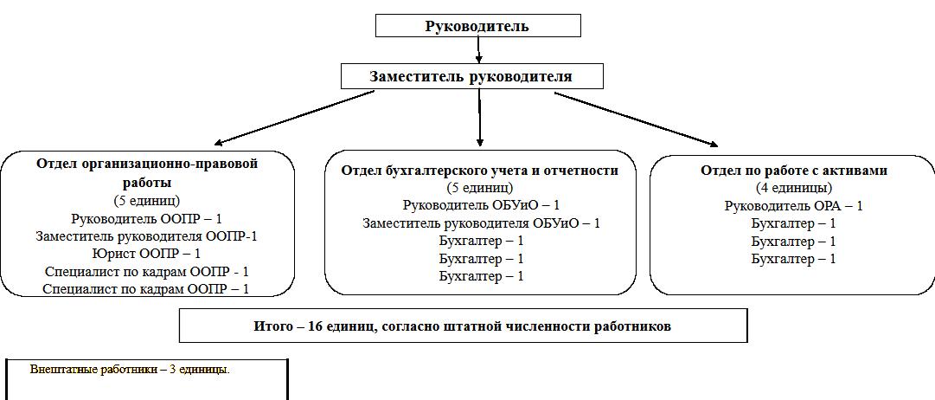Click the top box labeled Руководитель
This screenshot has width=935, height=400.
477,26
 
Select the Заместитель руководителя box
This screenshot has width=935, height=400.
471,76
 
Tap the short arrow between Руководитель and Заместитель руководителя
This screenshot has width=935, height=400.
478,51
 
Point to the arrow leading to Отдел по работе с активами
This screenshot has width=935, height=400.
636,119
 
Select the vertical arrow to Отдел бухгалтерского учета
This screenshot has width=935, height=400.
479,117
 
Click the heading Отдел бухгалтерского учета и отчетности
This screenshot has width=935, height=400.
480,170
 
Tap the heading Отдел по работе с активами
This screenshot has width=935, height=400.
794,170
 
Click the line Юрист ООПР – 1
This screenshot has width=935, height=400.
146,253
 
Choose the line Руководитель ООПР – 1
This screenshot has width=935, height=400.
146,218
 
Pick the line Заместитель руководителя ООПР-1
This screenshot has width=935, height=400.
147,235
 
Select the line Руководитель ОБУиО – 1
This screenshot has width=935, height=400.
481,205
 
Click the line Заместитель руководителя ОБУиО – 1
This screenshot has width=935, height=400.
481,223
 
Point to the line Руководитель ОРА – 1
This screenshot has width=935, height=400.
793,205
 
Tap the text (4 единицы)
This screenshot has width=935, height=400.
793,187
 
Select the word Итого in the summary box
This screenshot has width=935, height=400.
272,326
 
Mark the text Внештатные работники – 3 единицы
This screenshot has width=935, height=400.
130,370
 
